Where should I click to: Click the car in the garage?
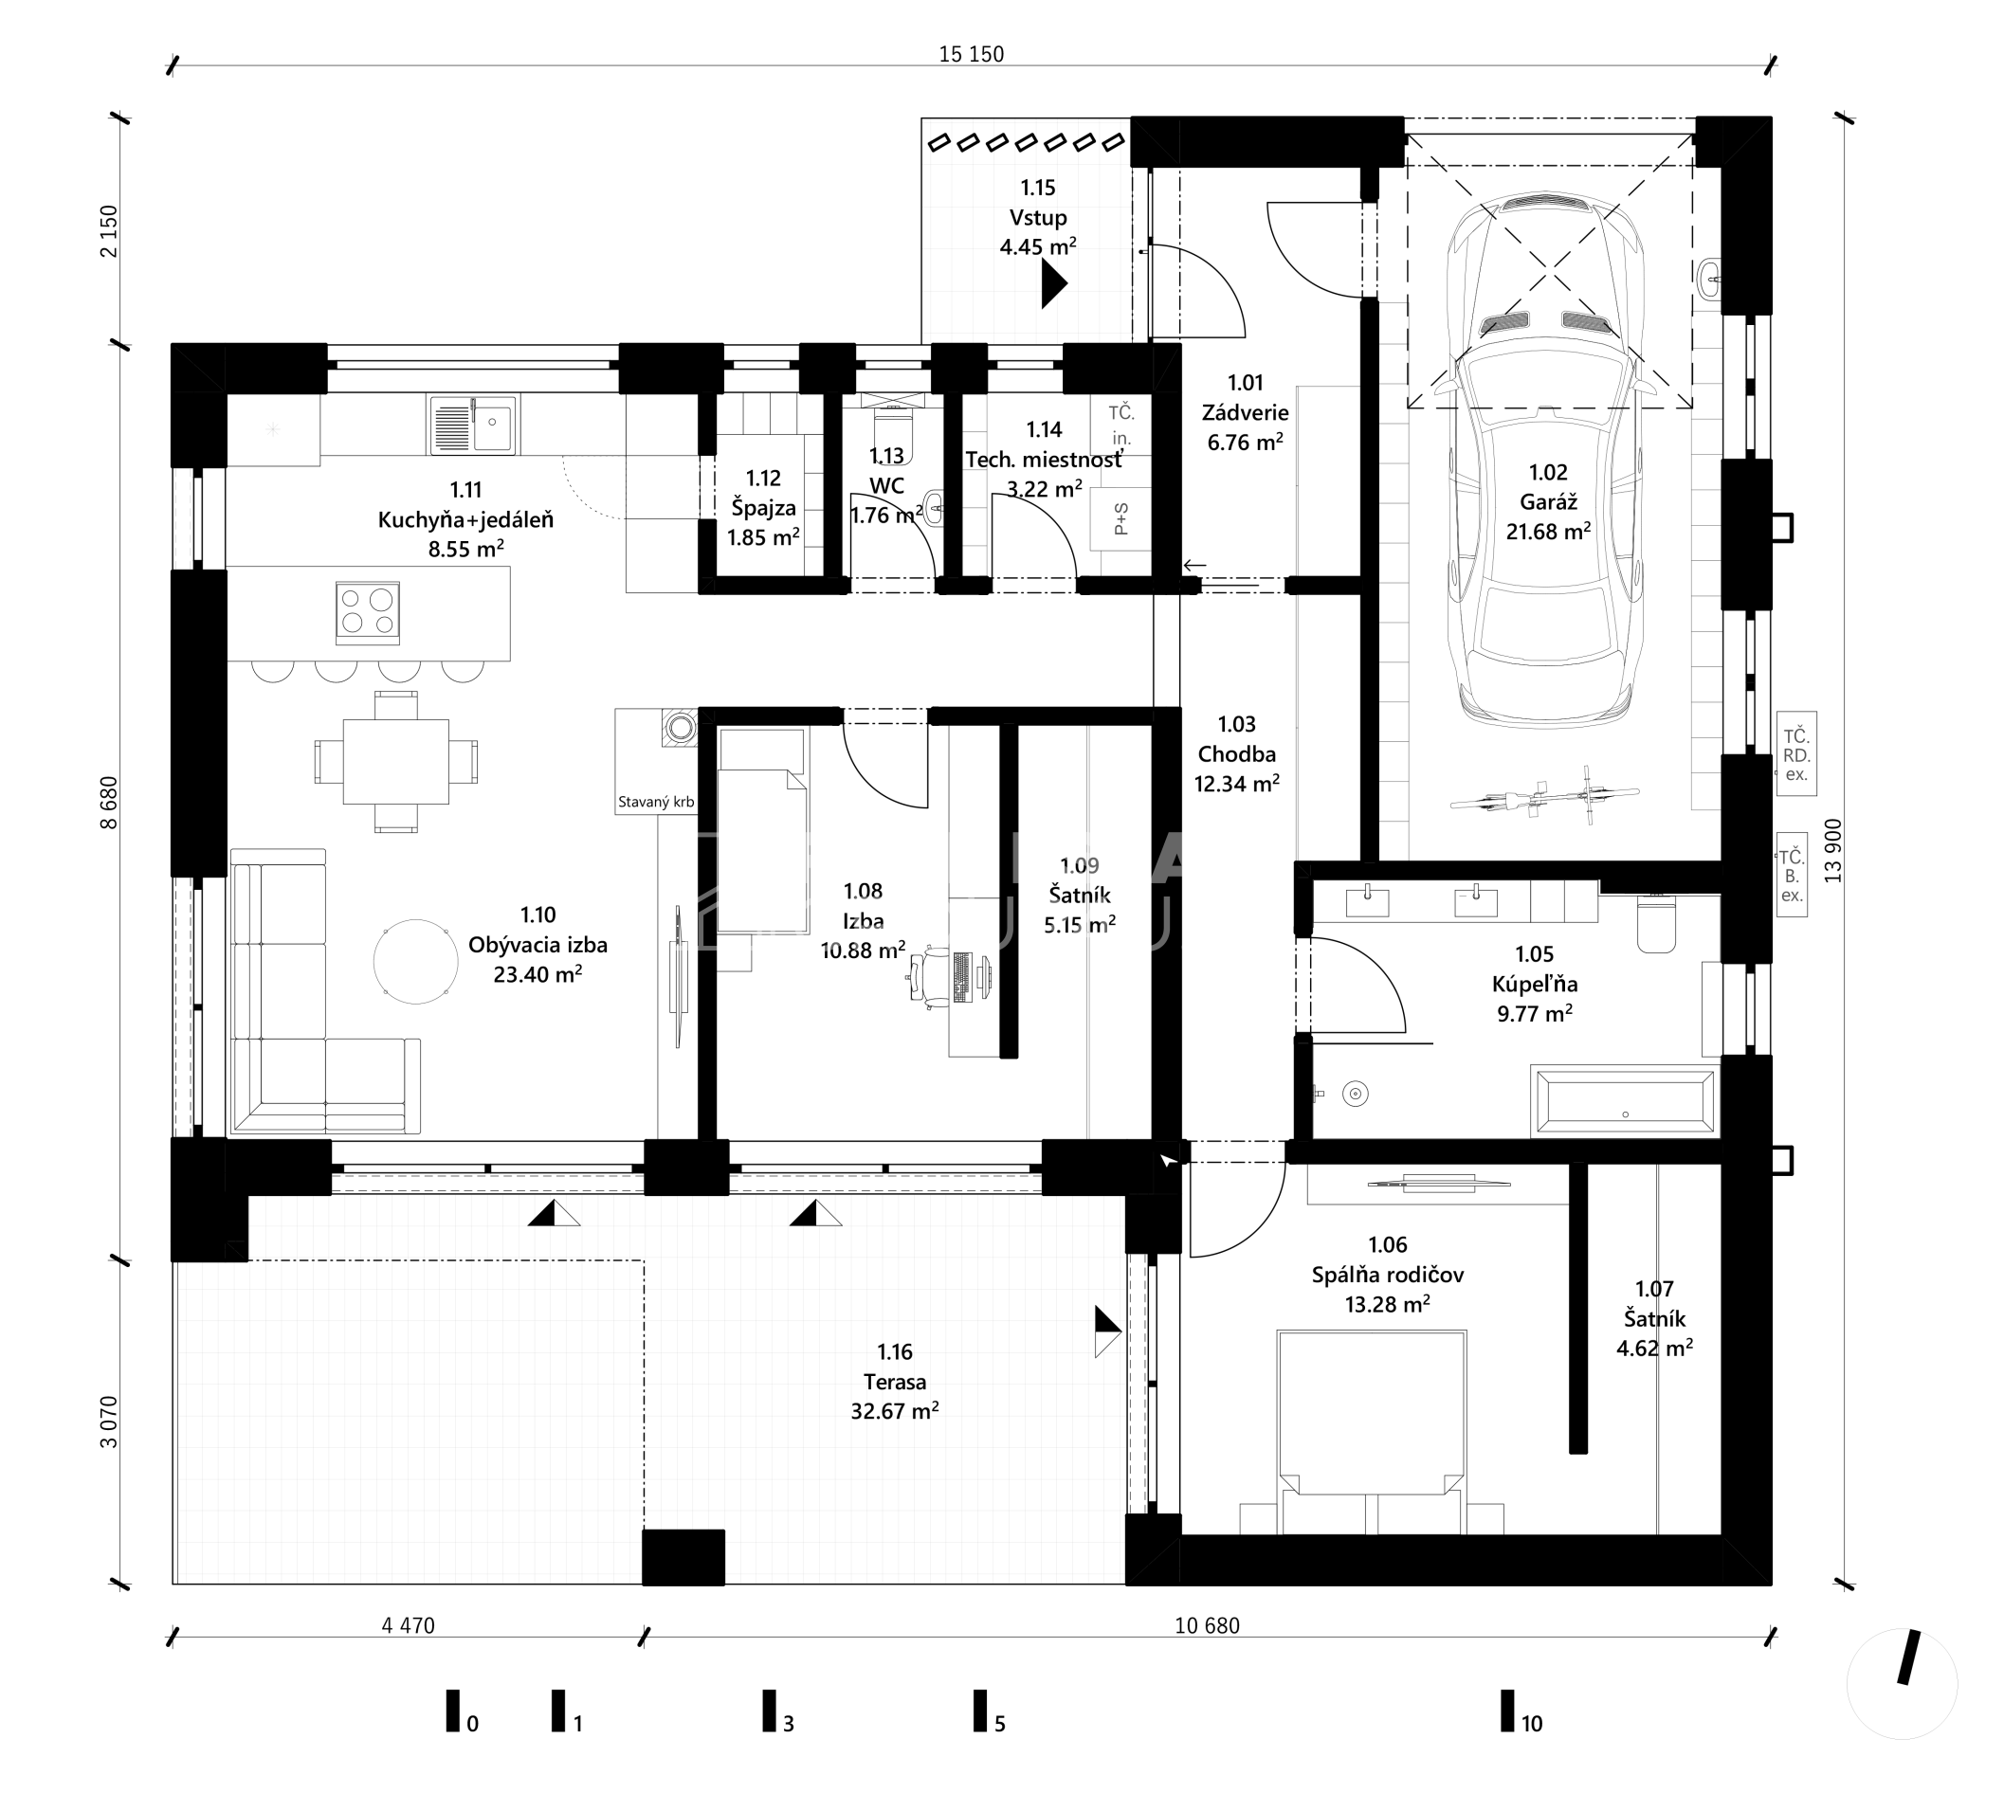click(x=1545, y=459)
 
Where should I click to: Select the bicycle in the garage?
click(x=1545, y=792)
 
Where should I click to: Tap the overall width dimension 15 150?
click(x=971, y=54)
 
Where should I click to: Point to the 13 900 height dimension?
click(x=1832, y=850)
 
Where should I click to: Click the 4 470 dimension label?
click(x=408, y=1625)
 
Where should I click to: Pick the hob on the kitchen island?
click(x=368, y=612)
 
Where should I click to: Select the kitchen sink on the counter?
click(x=472, y=425)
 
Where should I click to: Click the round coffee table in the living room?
click(x=416, y=962)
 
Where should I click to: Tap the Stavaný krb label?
click(x=656, y=802)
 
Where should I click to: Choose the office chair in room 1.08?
click(x=930, y=975)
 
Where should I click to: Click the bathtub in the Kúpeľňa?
click(x=1625, y=1099)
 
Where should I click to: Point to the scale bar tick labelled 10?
click(x=1507, y=1711)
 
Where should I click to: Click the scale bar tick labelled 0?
click(x=452, y=1711)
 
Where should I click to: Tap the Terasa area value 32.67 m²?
click(x=895, y=1411)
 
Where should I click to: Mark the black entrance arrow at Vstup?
click(x=1053, y=287)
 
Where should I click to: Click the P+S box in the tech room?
click(x=1120, y=518)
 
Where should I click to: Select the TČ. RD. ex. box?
click(x=1796, y=753)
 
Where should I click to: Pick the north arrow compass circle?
click(x=1902, y=1684)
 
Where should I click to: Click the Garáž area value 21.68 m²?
click(x=1549, y=531)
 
